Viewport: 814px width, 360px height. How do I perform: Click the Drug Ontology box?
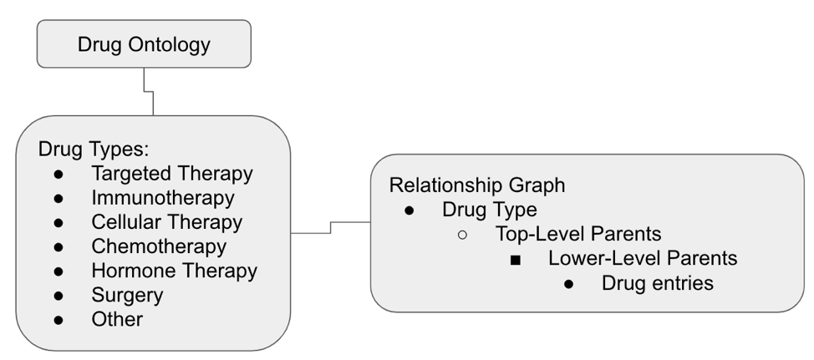pos(144,44)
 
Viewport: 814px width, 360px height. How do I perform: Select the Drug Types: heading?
pos(94,150)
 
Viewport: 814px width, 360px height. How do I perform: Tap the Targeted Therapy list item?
pos(171,174)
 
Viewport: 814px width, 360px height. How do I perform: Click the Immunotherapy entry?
pos(163,198)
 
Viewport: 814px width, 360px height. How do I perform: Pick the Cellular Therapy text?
pos(166,222)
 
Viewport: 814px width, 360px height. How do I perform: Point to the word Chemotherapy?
pos(159,246)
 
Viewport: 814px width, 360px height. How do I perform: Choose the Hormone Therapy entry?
pos(174,271)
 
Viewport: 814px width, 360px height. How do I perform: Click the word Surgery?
pos(127,295)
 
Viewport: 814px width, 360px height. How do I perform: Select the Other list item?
pos(117,319)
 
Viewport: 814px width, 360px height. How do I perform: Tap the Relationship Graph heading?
pos(477,185)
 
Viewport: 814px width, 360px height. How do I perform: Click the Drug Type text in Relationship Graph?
pos(490,210)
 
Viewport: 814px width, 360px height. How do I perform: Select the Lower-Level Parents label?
pos(643,258)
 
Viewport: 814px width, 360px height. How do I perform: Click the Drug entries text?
pos(657,283)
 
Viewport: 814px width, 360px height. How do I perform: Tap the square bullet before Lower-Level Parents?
pos(516,259)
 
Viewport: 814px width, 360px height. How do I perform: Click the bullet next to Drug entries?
pos(568,284)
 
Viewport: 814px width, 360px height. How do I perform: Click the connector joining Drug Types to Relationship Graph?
pos(331,227)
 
